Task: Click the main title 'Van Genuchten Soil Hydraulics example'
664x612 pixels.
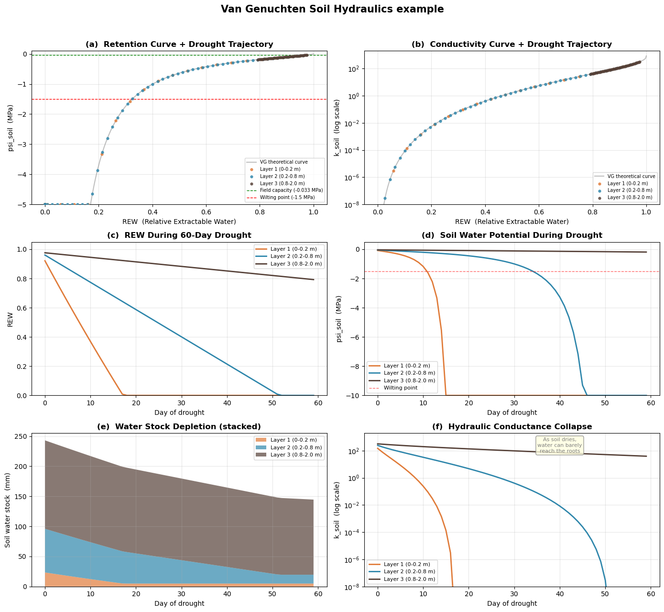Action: coord(332,9)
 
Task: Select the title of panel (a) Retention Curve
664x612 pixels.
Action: coord(179,45)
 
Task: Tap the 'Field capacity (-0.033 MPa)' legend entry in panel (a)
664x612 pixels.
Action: coord(291,190)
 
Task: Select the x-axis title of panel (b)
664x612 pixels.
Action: coord(512,222)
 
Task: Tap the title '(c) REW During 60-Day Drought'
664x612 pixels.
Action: coord(179,235)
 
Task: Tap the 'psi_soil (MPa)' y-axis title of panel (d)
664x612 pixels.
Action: coord(339,319)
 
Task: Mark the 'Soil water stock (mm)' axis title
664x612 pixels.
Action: coord(8,510)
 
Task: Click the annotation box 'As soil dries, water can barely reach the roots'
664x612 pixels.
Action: coord(559,445)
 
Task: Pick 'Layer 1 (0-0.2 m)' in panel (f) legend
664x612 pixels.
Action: coord(406,565)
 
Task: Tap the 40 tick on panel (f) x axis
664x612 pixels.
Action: coord(559,595)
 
